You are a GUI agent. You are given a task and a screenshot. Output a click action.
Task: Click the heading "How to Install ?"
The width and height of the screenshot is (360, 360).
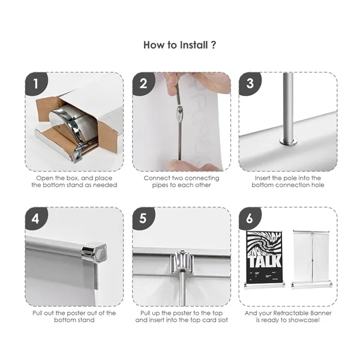[180, 45]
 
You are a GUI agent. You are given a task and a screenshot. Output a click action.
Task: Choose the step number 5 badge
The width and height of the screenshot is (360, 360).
[143, 219]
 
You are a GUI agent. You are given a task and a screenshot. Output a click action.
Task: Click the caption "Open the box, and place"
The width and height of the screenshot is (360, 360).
[74, 178]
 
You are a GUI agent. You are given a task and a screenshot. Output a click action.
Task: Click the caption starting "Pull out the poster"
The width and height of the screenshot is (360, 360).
[74, 313]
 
